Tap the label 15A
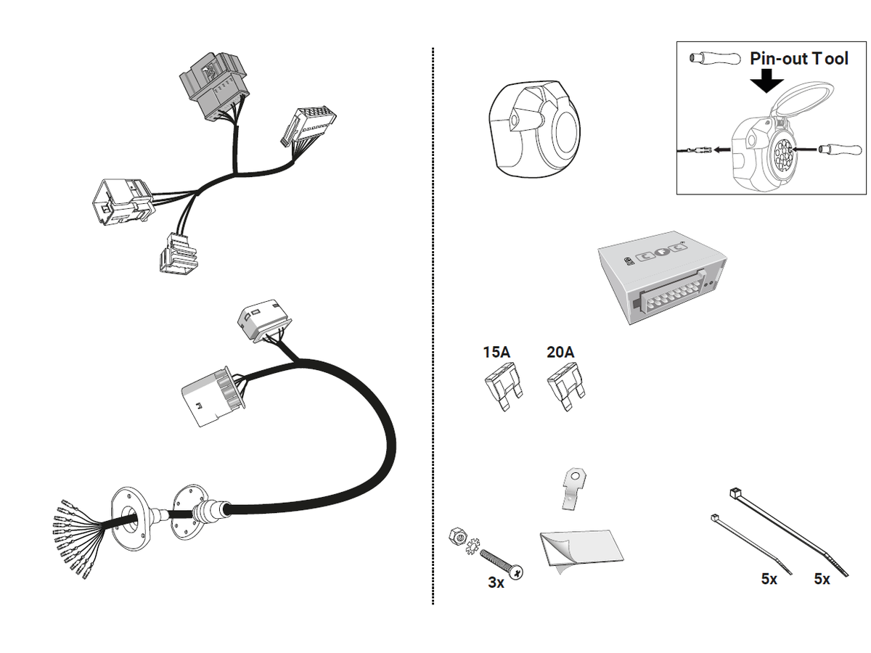pos(496,353)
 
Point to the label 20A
pos(560,353)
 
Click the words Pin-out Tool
pos(798,59)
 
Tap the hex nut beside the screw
pos(458,538)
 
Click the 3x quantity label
pos(496,582)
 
